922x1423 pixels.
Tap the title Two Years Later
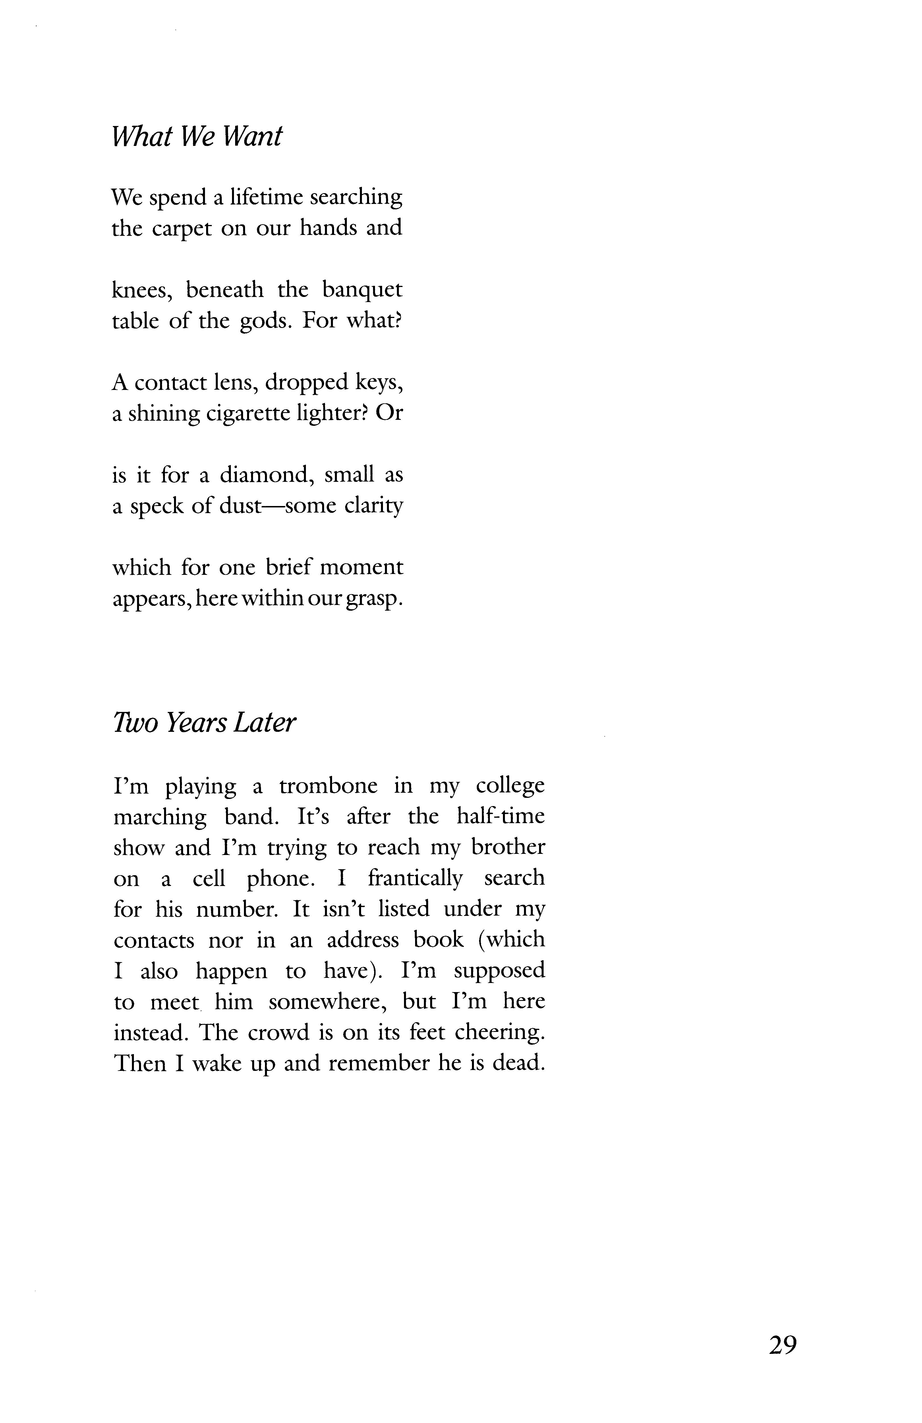tap(204, 723)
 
